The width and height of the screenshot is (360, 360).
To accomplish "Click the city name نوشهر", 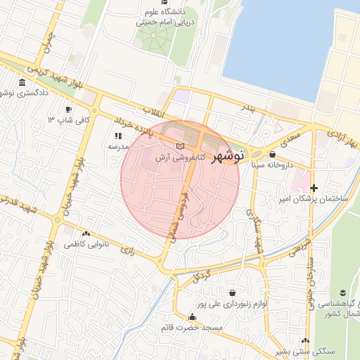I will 226,156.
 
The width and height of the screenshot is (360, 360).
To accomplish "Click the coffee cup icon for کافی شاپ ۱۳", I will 69,110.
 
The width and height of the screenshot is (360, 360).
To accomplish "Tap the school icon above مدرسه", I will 117,136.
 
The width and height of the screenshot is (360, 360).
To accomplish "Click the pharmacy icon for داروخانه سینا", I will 272,154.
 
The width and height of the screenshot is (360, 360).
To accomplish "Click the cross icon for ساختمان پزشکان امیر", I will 314,188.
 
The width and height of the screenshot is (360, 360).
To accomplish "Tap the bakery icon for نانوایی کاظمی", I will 86,233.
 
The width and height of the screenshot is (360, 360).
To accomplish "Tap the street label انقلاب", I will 156,111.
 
